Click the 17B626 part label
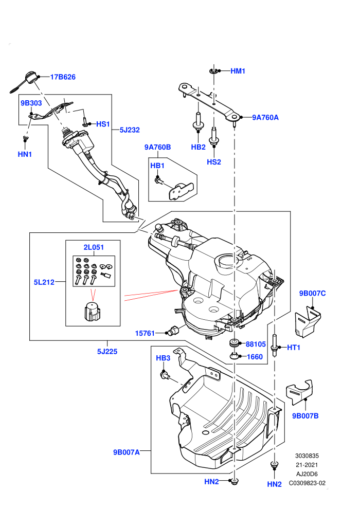tap(63, 77)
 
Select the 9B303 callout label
tap(31, 103)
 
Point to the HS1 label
tap(103, 124)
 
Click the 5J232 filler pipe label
tap(130, 130)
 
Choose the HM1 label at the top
tap(238, 71)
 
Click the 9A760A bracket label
tap(265, 118)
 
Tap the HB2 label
tap(198, 147)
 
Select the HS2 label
tap(213, 162)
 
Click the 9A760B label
tap(157, 147)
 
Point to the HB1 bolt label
tap(157, 166)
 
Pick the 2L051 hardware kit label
tap(94, 247)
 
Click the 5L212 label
tap(44, 282)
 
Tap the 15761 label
tap(145, 333)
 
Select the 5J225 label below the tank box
tap(107, 351)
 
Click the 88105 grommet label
tap(256, 344)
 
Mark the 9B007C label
tap(312, 293)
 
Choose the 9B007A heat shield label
tap(127, 452)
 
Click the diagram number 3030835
tap(307, 456)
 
